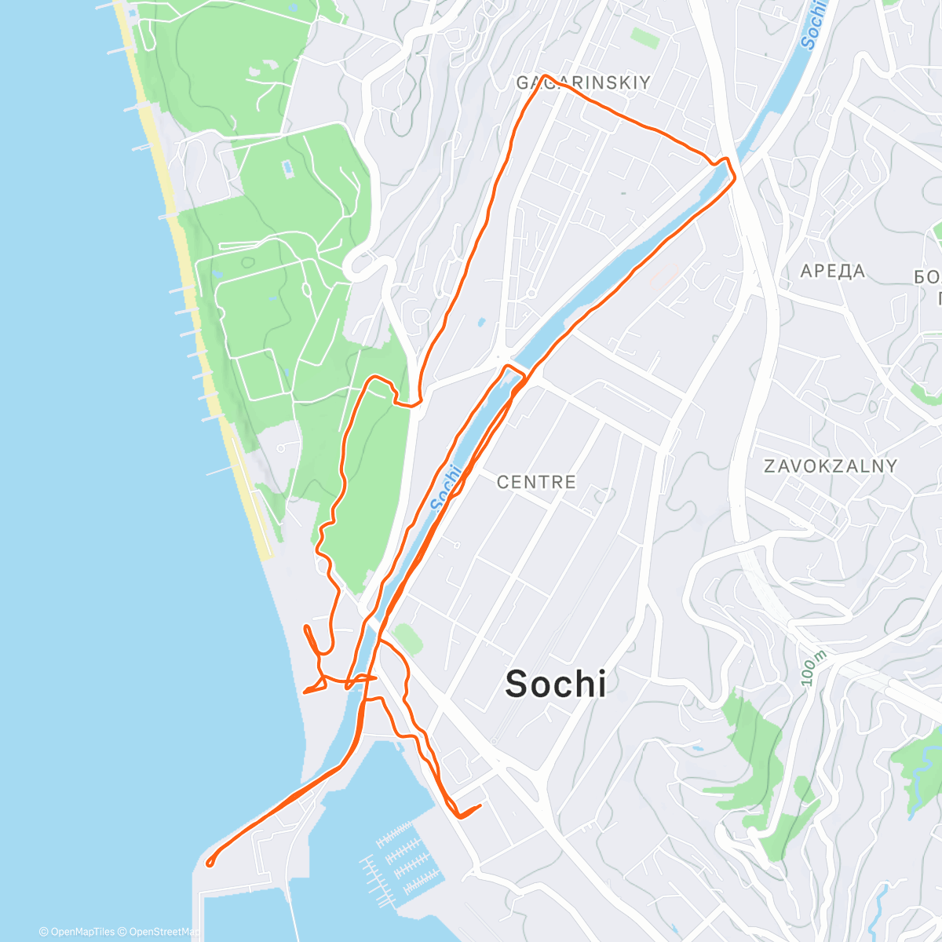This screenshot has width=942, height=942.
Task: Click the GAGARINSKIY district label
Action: point(583,82)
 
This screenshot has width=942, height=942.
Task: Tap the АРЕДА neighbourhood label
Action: point(832,272)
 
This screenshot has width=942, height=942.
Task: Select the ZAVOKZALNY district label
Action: point(831,466)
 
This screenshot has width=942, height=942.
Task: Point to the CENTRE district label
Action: point(536,481)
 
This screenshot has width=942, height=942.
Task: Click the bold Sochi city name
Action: point(556,685)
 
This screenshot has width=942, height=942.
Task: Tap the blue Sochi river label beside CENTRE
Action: point(445,487)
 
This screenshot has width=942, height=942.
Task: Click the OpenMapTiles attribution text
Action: point(77,932)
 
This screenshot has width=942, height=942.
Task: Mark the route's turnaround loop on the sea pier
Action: point(210,863)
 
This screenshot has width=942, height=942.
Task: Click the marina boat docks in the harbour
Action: point(400,860)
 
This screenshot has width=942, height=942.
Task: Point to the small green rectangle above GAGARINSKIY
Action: point(644,37)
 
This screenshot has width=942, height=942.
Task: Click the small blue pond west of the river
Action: point(480,322)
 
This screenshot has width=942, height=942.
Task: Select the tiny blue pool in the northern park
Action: point(288,167)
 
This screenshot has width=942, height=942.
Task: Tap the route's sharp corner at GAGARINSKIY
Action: point(543,77)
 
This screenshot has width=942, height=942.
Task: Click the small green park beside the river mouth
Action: point(407,638)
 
